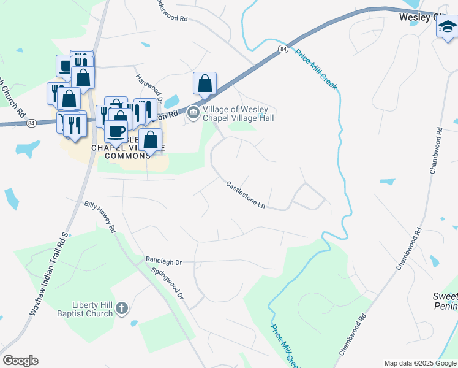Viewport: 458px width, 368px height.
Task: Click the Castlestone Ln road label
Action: [x=248, y=194]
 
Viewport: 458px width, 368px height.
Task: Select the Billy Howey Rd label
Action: [x=100, y=217]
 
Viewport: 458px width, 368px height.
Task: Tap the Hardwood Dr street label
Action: [x=149, y=88]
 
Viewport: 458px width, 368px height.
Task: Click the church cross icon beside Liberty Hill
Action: [x=122, y=309]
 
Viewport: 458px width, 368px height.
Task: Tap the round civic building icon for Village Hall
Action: [x=193, y=113]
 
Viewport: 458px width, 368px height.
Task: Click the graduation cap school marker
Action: [x=448, y=29]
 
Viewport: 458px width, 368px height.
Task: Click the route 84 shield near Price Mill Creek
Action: [x=282, y=48]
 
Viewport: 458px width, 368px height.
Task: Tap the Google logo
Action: [x=20, y=361]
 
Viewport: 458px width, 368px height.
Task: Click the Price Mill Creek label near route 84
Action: [x=316, y=70]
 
